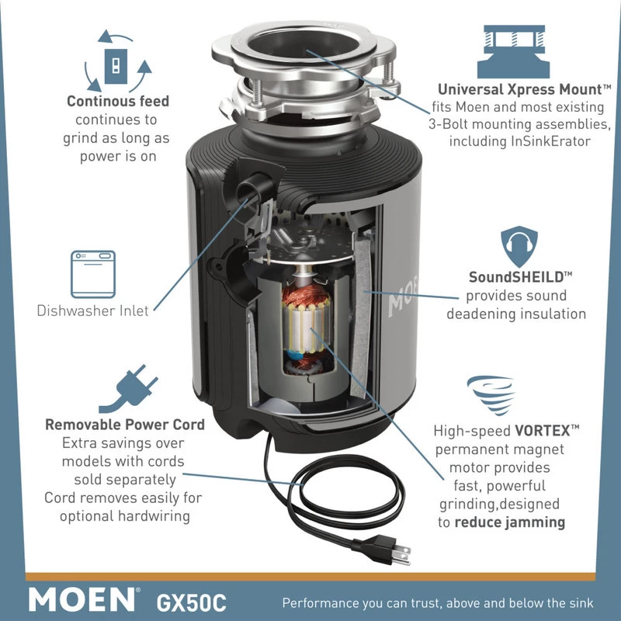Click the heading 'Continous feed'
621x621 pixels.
[118, 102]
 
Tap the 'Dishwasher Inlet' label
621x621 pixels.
[92, 310]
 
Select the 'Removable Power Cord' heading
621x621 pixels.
[125, 425]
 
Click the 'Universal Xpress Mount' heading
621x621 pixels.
[513, 89]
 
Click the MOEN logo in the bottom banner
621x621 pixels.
[82, 599]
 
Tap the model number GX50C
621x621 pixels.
[190, 601]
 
